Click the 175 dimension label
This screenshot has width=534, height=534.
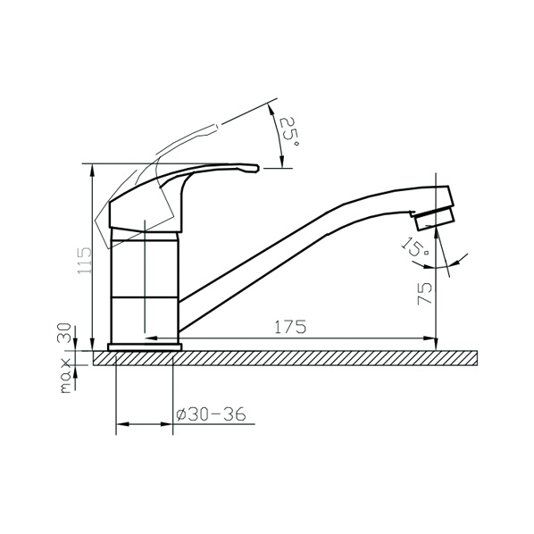pyautogui.click(x=290, y=327)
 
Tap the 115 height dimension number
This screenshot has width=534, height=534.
pyautogui.click(x=85, y=261)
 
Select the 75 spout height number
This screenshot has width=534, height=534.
pyautogui.click(x=425, y=294)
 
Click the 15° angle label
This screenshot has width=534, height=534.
pyautogui.click(x=414, y=247)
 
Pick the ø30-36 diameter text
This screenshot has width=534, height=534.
pyautogui.click(x=211, y=414)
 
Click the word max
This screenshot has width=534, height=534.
pyautogui.click(x=65, y=376)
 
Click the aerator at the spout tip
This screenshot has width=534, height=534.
pyautogui.click(x=435, y=219)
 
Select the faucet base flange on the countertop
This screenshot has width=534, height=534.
pyautogui.click(x=145, y=347)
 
